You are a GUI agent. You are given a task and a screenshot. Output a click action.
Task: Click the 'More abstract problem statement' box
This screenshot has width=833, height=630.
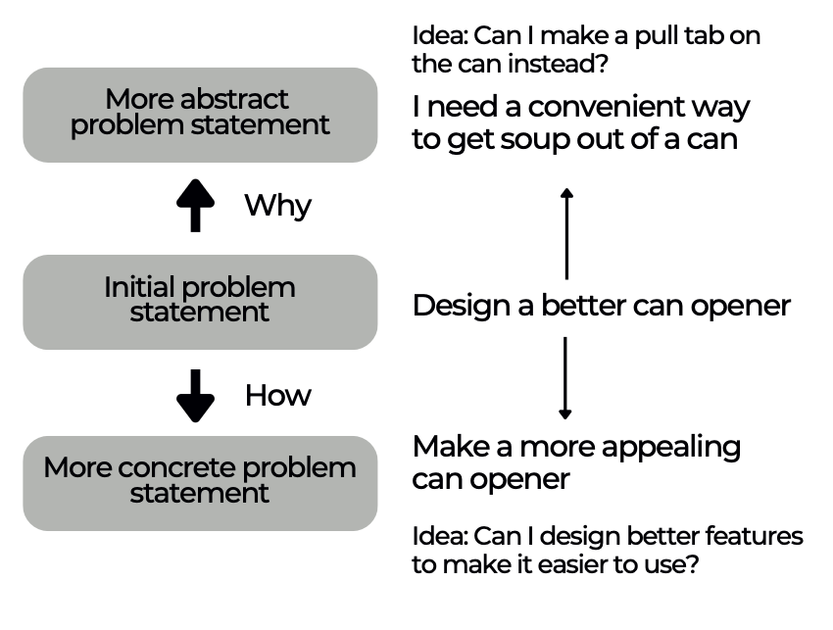pos(200,114)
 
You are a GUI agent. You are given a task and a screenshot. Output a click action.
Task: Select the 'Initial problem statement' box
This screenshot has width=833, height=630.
pos(200,301)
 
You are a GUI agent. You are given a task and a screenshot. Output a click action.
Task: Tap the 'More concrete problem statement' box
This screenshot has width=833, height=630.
pos(200,481)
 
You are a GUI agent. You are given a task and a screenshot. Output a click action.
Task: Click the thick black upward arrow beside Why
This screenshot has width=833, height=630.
pos(195,205)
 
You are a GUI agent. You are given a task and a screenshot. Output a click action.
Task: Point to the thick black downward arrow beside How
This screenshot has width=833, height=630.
pos(195,395)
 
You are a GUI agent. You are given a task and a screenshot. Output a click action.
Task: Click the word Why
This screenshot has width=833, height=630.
pos(277,206)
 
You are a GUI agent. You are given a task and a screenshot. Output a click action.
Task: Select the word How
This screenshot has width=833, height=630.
pos(277,395)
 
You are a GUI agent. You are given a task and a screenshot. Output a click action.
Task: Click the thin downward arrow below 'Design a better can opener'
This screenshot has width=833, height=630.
pos(564,377)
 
